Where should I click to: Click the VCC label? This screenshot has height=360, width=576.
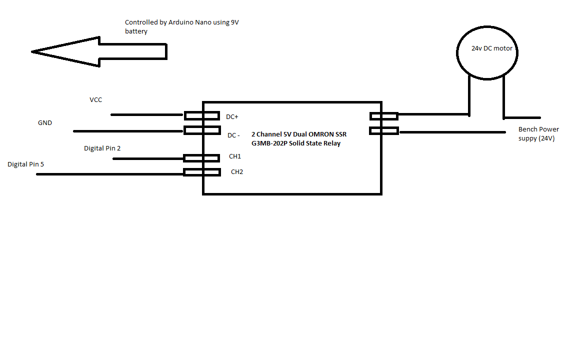pos(95,100)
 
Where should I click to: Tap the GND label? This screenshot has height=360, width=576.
pos(45,123)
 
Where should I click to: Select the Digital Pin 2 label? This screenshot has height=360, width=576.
pos(102,148)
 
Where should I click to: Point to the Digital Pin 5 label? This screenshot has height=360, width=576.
pos(29,164)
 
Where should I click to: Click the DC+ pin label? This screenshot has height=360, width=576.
pos(232,117)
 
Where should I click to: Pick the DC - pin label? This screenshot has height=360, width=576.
pos(233,135)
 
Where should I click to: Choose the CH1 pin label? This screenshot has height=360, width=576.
pos(235,156)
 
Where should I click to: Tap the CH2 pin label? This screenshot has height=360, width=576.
pos(237,172)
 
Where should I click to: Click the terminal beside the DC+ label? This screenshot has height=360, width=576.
pos(201,116)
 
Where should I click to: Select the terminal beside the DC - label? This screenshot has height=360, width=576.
pos(202,130)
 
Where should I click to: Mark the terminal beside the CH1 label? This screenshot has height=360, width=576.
pos(201,158)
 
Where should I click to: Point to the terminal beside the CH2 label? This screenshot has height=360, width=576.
pos(202,172)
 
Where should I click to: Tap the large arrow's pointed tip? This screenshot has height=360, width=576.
pos(33,51)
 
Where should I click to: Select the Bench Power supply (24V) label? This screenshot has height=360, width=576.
pos(538,134)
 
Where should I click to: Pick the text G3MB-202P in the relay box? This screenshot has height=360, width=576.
pos(269,143)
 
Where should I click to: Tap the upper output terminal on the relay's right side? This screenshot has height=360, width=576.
pos(383,116)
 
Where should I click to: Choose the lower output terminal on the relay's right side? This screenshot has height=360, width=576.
pos(384,131)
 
